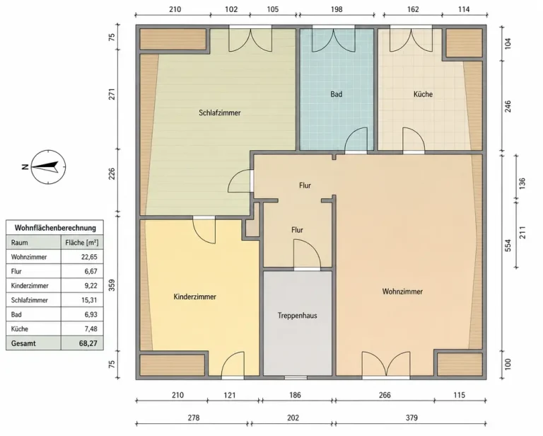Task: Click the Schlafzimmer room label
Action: coord(220,113)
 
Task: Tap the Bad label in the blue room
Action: coord(337,94)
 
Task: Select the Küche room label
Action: coord(423,94)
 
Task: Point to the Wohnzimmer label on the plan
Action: coord(402,292)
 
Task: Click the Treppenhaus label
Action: coord(297,316)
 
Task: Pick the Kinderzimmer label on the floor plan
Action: coord(194,297)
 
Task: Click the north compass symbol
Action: coord(48,167)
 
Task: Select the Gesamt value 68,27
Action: coord(88,343)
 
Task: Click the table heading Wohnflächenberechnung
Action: coord(55,228)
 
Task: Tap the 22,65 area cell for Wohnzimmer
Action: coord(89,257)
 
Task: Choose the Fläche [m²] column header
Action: coord(82,243)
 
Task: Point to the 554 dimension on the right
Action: coord(508,246)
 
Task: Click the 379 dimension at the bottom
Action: coord(411,418)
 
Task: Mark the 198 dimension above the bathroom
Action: coord(337,9)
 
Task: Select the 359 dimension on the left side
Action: coord(112,285)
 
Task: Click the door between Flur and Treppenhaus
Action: coord(307,254)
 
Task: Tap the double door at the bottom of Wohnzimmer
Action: coord(386,364)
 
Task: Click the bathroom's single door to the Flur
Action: coord(356,140)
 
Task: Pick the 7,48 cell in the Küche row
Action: coord(90,329)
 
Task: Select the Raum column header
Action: coord(19,243)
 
